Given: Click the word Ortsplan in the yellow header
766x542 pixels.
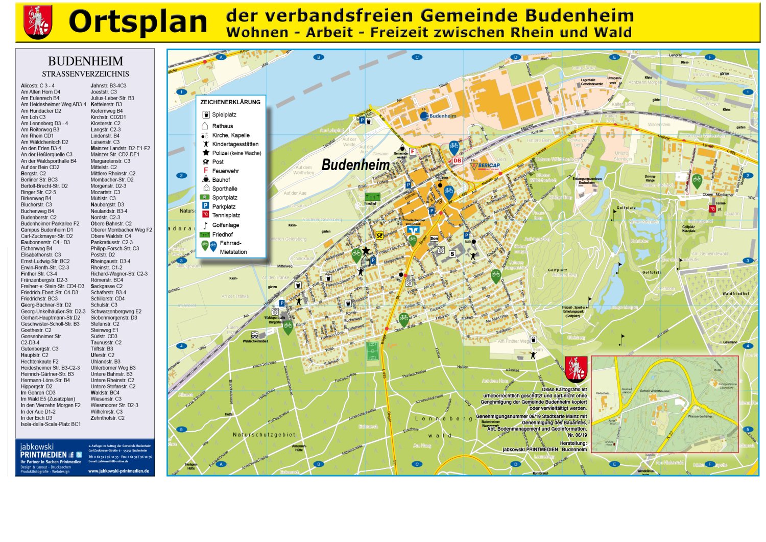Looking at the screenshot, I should [138, 22].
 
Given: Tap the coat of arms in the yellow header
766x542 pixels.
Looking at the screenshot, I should [38, 22].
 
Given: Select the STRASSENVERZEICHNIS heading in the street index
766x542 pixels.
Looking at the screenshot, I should [85, 74].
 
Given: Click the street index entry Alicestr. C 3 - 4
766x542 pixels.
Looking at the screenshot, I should [37, 86].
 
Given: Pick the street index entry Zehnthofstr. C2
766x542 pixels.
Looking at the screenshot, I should [107, 418].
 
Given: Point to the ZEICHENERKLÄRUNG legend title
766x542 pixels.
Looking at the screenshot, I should [230, 102].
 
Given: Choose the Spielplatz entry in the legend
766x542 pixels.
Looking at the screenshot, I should [224, 115].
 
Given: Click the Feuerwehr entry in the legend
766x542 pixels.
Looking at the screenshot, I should [225, 171].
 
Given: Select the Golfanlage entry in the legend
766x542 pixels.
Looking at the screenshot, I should [225, 225].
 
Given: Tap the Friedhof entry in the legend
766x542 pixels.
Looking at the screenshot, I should [222, 235].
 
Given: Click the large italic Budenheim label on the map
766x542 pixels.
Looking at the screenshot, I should [355, 165].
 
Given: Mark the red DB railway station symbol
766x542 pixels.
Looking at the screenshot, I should [457, 160].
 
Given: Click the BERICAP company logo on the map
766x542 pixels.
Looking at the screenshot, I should [486, 166].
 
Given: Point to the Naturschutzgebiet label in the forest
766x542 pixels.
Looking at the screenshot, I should [264, 435].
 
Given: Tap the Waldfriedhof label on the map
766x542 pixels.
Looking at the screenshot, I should [736, 294].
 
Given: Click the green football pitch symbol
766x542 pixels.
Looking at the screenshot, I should [372, 351].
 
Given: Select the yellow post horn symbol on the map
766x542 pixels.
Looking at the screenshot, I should [379, 235].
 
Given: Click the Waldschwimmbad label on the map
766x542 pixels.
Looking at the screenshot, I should [255, 341].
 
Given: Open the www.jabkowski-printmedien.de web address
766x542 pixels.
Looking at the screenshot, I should [118, 471].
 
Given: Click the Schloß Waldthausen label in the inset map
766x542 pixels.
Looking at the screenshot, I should [655, 391].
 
